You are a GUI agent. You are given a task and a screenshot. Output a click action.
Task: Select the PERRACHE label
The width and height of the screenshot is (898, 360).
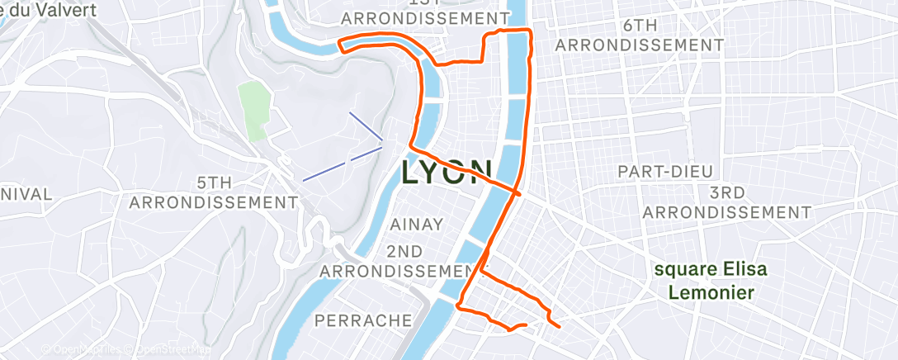pos(364,319)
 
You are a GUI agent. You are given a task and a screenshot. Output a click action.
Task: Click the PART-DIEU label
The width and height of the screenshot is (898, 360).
pos(666,171)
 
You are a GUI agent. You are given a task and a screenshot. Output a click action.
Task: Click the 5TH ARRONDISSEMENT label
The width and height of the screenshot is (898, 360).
pos(213,192)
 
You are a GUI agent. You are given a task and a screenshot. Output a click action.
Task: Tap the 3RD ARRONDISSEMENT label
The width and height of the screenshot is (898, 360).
pos(726,202)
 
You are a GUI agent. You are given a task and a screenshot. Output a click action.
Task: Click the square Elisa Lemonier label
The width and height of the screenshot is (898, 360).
pos(710,281)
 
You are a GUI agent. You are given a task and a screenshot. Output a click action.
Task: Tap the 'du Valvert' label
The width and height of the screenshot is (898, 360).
pos(50,11)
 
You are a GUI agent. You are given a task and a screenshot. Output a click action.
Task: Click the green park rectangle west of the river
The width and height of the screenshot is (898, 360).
pos(256,111)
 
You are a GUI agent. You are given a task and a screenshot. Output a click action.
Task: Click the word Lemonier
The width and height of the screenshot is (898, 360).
pos(711,292)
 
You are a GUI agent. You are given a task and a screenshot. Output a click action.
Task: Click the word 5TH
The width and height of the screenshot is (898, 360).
pos(213,182)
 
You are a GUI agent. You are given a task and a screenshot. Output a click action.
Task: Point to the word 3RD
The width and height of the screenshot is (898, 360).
pos(726,192)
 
